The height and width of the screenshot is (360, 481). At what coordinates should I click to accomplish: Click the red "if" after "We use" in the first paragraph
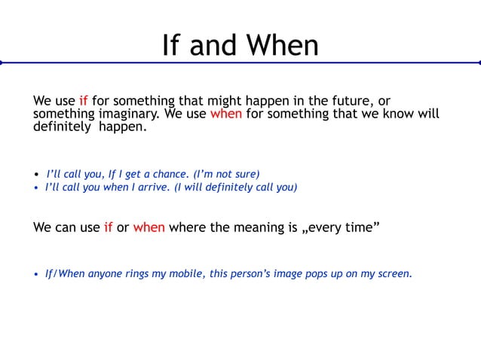(84, 101)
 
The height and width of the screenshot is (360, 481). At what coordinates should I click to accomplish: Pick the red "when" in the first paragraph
(225, 114)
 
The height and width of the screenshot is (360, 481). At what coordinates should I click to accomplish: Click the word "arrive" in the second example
(154, 188)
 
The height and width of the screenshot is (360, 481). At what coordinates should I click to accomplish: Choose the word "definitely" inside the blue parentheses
(228, 188)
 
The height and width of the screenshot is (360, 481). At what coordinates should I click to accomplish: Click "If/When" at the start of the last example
(65, 273)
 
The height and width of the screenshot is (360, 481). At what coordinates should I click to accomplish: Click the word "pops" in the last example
(323, 273)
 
